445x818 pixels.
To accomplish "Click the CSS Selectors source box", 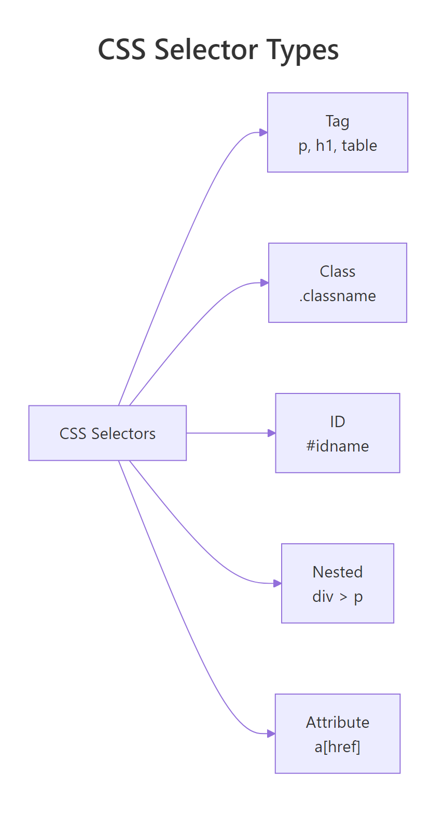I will [x=107, y=433].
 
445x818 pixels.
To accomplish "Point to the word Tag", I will [x=337, y=121].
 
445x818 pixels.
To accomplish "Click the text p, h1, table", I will [x=338, y=146].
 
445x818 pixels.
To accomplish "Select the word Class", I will [x=337, y=272].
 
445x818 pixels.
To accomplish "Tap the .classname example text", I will [x=337, y=296].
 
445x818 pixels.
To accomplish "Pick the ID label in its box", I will [x=337, y=422].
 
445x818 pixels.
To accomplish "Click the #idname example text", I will [x=337, y=446].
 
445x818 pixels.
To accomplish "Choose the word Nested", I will [x=337, y=572].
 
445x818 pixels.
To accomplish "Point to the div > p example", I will [x=337, y=597].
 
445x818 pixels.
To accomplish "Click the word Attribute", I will [x=337, y=723].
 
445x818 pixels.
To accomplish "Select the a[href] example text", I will [x=337, y=747].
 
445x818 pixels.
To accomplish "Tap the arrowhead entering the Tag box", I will [x=263, y=133].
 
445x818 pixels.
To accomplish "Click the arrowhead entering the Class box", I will [x=265, y=283].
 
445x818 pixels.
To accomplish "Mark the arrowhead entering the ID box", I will [x=271, y=433].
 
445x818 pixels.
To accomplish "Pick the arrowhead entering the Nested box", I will [x=277, y=583].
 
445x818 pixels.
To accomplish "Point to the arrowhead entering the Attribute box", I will [x=271, y=734].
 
